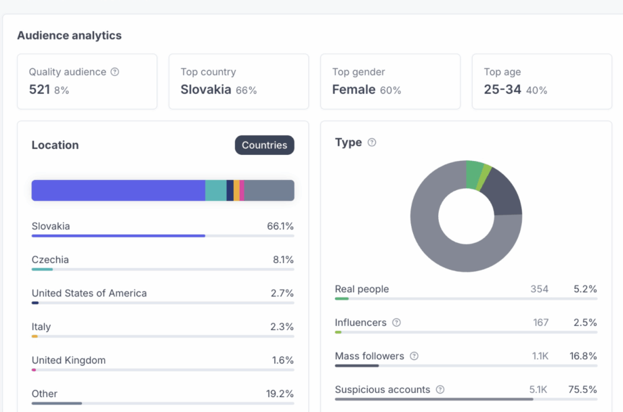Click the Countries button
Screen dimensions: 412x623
coord(264,145)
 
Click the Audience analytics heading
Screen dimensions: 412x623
coord(69,35)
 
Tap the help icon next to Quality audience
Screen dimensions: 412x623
coord(114,72)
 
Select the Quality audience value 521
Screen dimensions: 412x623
coord(39,89)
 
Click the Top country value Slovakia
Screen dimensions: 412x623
coord(206,89)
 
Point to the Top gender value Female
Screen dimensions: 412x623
coord(353,89)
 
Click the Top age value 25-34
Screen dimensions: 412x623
coord(502,89)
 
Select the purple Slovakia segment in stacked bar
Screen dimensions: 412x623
coord(118,190)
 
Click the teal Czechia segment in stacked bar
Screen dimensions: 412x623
coord(215,190)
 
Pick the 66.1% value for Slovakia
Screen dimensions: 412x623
coord(280,226)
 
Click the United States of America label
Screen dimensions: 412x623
coord(89,293)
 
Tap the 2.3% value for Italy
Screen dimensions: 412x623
coord(282,327)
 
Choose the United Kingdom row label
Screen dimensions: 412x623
coord(68,360)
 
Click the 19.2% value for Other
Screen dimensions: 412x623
coord(280,394)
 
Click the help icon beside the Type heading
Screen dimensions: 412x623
coord(371,143)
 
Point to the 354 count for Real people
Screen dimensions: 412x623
coord(539,289)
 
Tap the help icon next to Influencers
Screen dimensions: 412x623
coord(396,323)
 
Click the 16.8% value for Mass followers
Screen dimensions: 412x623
coord(584,356)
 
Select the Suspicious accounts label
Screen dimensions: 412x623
coord(382,390)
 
